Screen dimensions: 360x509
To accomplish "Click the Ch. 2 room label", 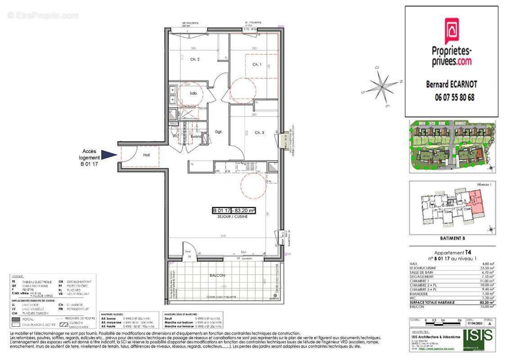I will pos(195,59).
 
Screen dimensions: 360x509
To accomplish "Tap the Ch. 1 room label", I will pos(257,65).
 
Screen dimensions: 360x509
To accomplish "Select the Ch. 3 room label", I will pos(259,132).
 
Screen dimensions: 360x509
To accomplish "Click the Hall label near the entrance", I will pos(147,154).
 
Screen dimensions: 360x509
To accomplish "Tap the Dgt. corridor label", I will pos(219,132).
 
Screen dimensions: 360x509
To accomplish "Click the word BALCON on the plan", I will pos(217,275).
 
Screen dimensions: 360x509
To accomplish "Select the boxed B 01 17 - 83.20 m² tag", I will pos(234,210).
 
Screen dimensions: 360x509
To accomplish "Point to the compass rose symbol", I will pos(382,85).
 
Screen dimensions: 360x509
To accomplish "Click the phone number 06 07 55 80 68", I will pos(451,97).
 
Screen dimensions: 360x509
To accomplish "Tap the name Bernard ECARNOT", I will pos(451,84).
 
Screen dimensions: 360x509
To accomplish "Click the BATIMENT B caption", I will pos(451,238).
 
